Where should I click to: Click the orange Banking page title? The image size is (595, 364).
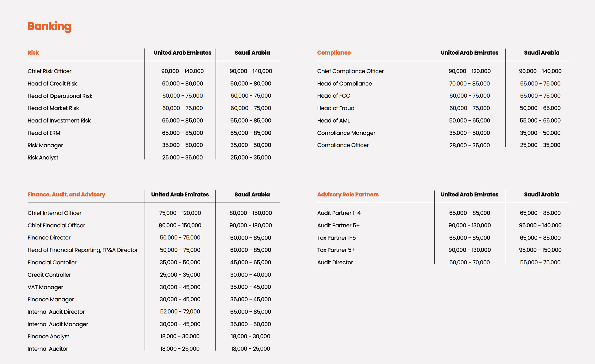coord(49,26)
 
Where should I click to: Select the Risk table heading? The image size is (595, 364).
coord(33,53)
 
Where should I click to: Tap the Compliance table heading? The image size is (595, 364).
coord(334,53)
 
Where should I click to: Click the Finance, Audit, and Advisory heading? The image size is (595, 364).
coord(66,194)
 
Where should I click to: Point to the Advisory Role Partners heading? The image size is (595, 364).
coord(348,194)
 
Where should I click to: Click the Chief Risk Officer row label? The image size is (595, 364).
coord(49,71)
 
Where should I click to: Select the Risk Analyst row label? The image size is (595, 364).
coord(43,157)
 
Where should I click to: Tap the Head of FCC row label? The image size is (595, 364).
coord(334,96)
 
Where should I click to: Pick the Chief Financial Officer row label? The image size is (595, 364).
coord(56,225)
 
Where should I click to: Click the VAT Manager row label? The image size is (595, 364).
coord(45,287)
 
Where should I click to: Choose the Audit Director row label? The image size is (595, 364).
coord(335,262)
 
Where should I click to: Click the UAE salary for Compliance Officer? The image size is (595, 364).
coord(469,145)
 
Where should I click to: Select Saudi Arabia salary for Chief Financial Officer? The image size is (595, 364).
coord(250,225)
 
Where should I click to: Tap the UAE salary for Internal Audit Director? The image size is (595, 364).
coord(180,311)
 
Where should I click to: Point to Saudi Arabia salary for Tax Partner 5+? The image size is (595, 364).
coord(540,250)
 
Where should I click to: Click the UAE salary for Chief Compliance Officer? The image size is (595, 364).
coord(469,71)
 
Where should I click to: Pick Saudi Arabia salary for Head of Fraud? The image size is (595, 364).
coord(540,108)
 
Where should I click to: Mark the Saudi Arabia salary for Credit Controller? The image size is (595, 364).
coord(250,275)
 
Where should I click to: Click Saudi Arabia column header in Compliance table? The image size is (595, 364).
coord(542,53)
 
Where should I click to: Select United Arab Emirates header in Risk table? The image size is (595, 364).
coord(182,53)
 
